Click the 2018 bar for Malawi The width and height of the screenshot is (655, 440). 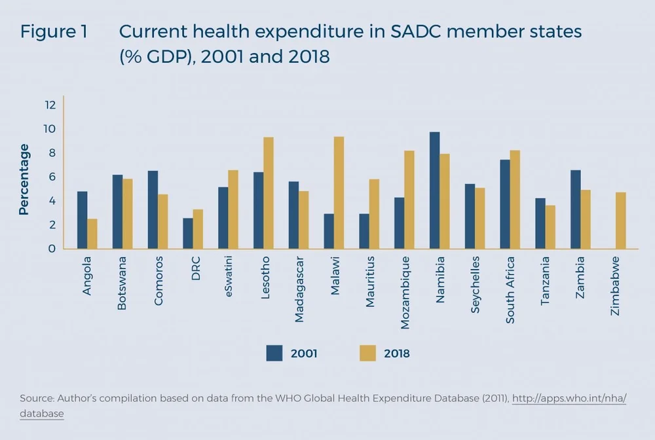point(339,192)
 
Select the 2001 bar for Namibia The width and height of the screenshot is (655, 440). point(434,191)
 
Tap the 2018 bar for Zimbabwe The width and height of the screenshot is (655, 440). point(621,221)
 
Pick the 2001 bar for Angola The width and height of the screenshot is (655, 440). point(82,220)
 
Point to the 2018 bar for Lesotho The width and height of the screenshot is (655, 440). point(268,193)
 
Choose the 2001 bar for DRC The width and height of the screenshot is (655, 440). point(188,233)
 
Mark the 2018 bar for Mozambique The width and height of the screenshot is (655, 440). point(409,200)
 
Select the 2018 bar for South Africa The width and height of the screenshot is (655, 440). point(515,200)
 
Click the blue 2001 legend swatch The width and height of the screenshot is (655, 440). point(274,353)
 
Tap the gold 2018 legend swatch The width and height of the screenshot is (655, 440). point(368,353)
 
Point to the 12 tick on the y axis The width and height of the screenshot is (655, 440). point(50,105)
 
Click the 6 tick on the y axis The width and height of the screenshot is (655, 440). point(51,177)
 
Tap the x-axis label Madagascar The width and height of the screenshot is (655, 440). point(299,294)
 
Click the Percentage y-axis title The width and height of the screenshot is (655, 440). point(24,179)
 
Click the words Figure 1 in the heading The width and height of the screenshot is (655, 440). point(54,32)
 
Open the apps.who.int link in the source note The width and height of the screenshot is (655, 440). point(569,398)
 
